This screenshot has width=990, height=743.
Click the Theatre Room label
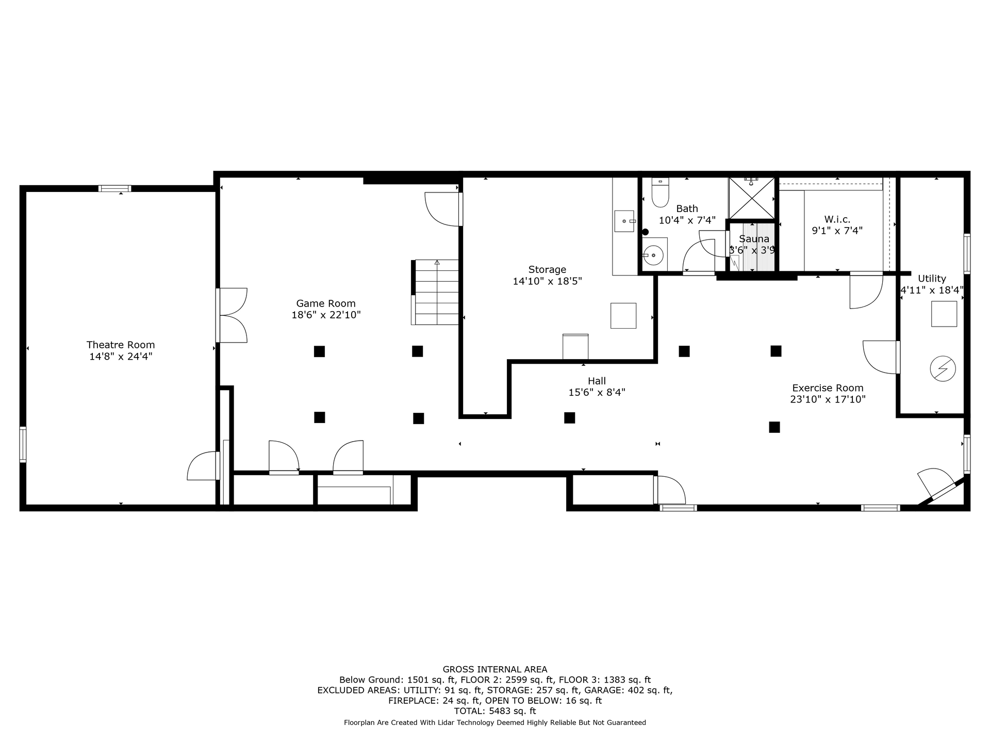pyautogui.click(x=121, y=345)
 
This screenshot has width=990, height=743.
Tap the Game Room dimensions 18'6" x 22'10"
pyautogui.click(x=326, y=315)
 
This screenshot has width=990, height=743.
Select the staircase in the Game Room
pyautogui.click(x=435, y=292)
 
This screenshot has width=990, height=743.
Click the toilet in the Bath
pyautogui.click(x=660, y=191)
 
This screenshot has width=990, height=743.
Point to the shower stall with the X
pyautogui.click(x=752, y=198)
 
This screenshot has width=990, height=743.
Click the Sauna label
pyautogui.click(x=754, y=239)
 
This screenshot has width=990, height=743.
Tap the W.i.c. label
pyautogui.click(x=837, y=219)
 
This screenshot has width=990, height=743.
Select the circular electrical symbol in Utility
pyautogui.click(x=943, y=369)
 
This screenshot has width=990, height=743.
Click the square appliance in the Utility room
pyautogui.click(x=944, y=314)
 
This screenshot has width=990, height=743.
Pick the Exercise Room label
pyautogui.click(x=828, y=388)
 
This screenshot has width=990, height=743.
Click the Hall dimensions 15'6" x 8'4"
pyautogui.click(x=597, y=392)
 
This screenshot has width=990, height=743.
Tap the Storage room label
pyautogui.click(x=547, y=269)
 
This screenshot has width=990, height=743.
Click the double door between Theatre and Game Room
pyautogui.click(x=232, y=315)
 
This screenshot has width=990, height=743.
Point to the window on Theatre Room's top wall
pyautogui.click(x=114, y=188)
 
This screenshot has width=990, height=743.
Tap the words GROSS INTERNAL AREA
pyautogui.click(x=495, y=670)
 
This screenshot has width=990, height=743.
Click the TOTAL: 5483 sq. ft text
pyautogui.click(x=495, y=711)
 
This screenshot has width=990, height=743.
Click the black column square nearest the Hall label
pyautogui.click(x=569, y=417)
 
